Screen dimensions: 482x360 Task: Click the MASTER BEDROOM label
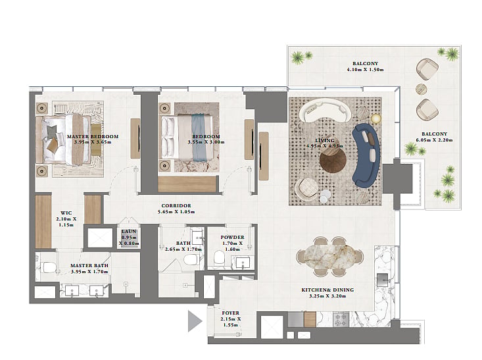coord(93,137)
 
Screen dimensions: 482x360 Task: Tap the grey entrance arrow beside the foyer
coord(194,321)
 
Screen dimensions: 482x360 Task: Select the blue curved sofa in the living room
coord(365,155)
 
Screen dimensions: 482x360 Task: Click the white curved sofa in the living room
coord(325,111)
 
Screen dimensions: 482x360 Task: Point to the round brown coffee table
coord(333,161)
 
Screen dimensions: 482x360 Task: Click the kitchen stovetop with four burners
coord(341,319)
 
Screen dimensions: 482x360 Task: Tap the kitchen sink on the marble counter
coord(383,280)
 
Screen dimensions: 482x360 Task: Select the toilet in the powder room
coord(219,257)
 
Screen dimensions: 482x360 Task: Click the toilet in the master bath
coord(48,267)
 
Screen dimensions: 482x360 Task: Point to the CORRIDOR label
coord(176,205)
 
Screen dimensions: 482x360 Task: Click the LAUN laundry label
coord(129,232)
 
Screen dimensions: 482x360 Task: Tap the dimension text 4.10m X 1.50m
coord(365,70)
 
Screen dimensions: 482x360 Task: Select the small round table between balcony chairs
coord(421,90)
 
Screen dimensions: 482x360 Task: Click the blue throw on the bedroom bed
coord(199,138)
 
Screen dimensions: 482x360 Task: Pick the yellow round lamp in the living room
coord(375,118)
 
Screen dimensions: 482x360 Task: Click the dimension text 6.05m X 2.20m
coord(434,140)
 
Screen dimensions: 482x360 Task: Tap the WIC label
coord(66,213)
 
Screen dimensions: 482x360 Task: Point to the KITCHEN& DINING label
coord(327,290)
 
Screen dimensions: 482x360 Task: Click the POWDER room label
coord(232,237)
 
